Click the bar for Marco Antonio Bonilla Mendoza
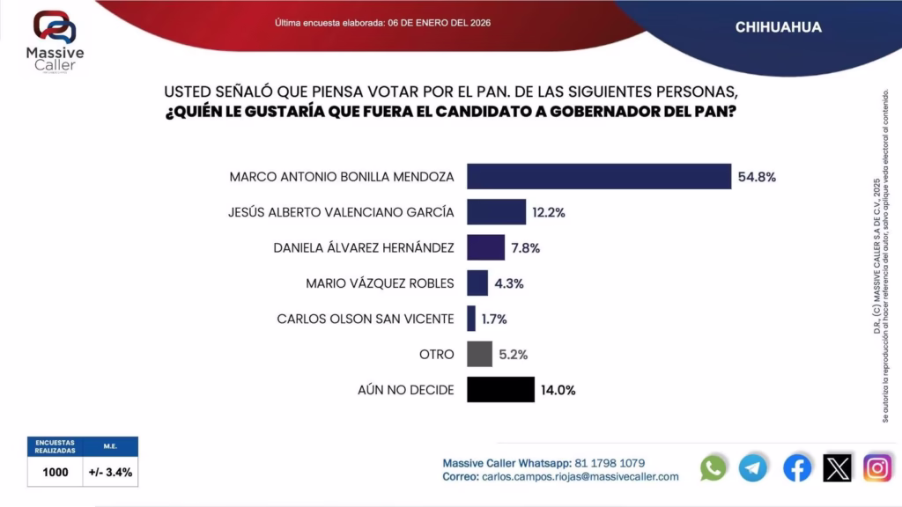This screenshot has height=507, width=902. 599,176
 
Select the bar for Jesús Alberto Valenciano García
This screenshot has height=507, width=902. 496,212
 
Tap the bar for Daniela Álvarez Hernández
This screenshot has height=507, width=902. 485,247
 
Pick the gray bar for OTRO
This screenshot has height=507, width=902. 479,354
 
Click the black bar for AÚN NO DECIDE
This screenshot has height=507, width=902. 500,389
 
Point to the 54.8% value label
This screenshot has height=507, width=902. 757,177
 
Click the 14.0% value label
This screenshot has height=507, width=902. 559,390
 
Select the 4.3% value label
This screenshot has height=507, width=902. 509,283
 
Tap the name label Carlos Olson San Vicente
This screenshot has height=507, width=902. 366,319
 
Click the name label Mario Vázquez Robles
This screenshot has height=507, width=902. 380,283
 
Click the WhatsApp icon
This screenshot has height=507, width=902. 713,467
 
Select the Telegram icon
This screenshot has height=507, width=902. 753,467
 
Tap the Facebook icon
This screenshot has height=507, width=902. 797,467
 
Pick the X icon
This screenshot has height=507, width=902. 837,467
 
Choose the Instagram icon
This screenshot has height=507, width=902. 877,467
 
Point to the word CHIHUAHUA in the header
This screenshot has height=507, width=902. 779,27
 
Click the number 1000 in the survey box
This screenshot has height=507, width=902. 55,472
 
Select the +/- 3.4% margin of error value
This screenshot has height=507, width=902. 111,472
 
